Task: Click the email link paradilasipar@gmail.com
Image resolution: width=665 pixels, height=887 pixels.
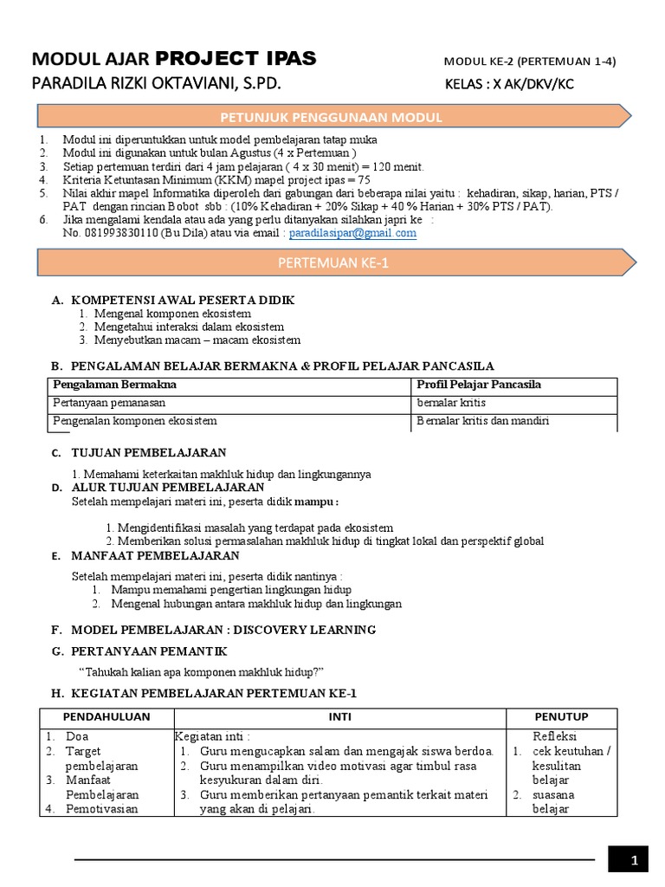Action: click(x=352, y=233)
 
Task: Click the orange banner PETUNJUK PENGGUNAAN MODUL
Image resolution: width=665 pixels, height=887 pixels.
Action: click(x=332, y=117)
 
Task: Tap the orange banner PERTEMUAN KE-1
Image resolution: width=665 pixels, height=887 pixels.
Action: click(x=332, y=262)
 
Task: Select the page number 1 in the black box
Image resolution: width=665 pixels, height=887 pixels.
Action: click(x=635, y=860)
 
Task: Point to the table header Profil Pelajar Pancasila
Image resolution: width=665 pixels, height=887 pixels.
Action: click(x=479, y=384)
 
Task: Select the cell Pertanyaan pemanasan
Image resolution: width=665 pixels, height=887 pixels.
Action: click(x=109, y=403)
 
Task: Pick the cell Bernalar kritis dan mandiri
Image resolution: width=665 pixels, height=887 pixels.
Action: click(x=483, y=421)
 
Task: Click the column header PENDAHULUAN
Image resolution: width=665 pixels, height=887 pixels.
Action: click(x=107, y=716)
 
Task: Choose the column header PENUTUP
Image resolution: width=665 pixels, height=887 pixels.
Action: click(x=561, y=716)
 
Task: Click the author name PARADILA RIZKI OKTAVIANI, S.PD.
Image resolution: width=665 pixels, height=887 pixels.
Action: click(x=157, y=84)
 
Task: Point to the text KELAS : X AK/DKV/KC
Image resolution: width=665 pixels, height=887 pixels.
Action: click(x=508, y=85)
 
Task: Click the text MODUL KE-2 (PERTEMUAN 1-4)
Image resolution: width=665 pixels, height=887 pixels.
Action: click(x=530, y=61)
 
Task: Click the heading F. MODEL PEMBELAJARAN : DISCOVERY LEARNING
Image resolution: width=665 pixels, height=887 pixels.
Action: click(x=213, y=629)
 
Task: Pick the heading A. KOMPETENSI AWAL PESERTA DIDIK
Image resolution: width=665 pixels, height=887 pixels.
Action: click(x=172, y=300)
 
